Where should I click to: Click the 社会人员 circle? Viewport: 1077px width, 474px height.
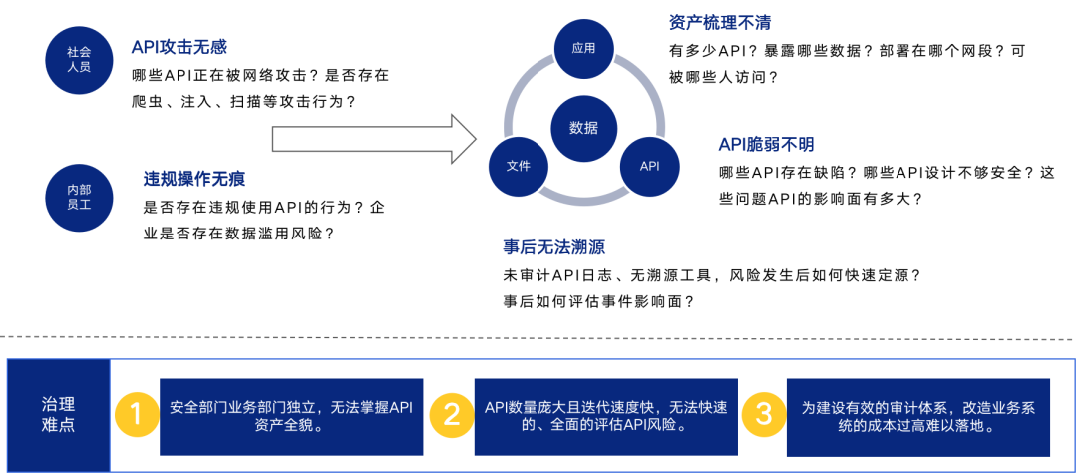pyautogui.click(x=79, y=60)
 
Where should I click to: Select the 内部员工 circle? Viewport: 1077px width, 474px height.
pyautogui.click(x=79, y=196)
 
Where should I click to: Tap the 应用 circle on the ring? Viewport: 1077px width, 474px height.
pyautogui.click(x=583, y=47)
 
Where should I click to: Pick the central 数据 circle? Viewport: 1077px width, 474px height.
pyautogui.click(x=583, y=128)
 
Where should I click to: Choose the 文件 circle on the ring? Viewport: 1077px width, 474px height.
pyautogui.click(x=518, y=166)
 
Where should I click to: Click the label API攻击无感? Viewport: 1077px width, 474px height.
pyautogui.click(x=180, y=47)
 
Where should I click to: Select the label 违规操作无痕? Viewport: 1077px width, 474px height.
pyautogui.click(x=194, y=180)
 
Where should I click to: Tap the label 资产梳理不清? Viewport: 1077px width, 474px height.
pyautogui.click(x=719, y=22)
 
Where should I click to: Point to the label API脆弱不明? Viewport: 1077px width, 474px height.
pyautogui.click(x=766, y=145)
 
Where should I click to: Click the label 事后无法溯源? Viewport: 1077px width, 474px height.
pyautogui.click(x=553, y=247)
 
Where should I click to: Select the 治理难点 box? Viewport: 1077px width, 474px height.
pyautogui.click(x=58, y=414)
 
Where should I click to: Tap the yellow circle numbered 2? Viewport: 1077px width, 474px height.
pyautogui.click(x=451, y=414)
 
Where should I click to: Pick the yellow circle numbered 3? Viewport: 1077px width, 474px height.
pyautogui.click(x=763, y=414)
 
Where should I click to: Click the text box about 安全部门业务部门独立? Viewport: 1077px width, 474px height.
pyautogui.click(x=291, y=416)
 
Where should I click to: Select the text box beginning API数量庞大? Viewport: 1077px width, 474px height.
pyautogui.click(x=605, y=416)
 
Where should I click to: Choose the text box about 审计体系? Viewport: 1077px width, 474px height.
pyautogui.click(x=917, y=416)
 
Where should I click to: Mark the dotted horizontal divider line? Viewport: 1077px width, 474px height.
pyautogui.click(x=538, y=337)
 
